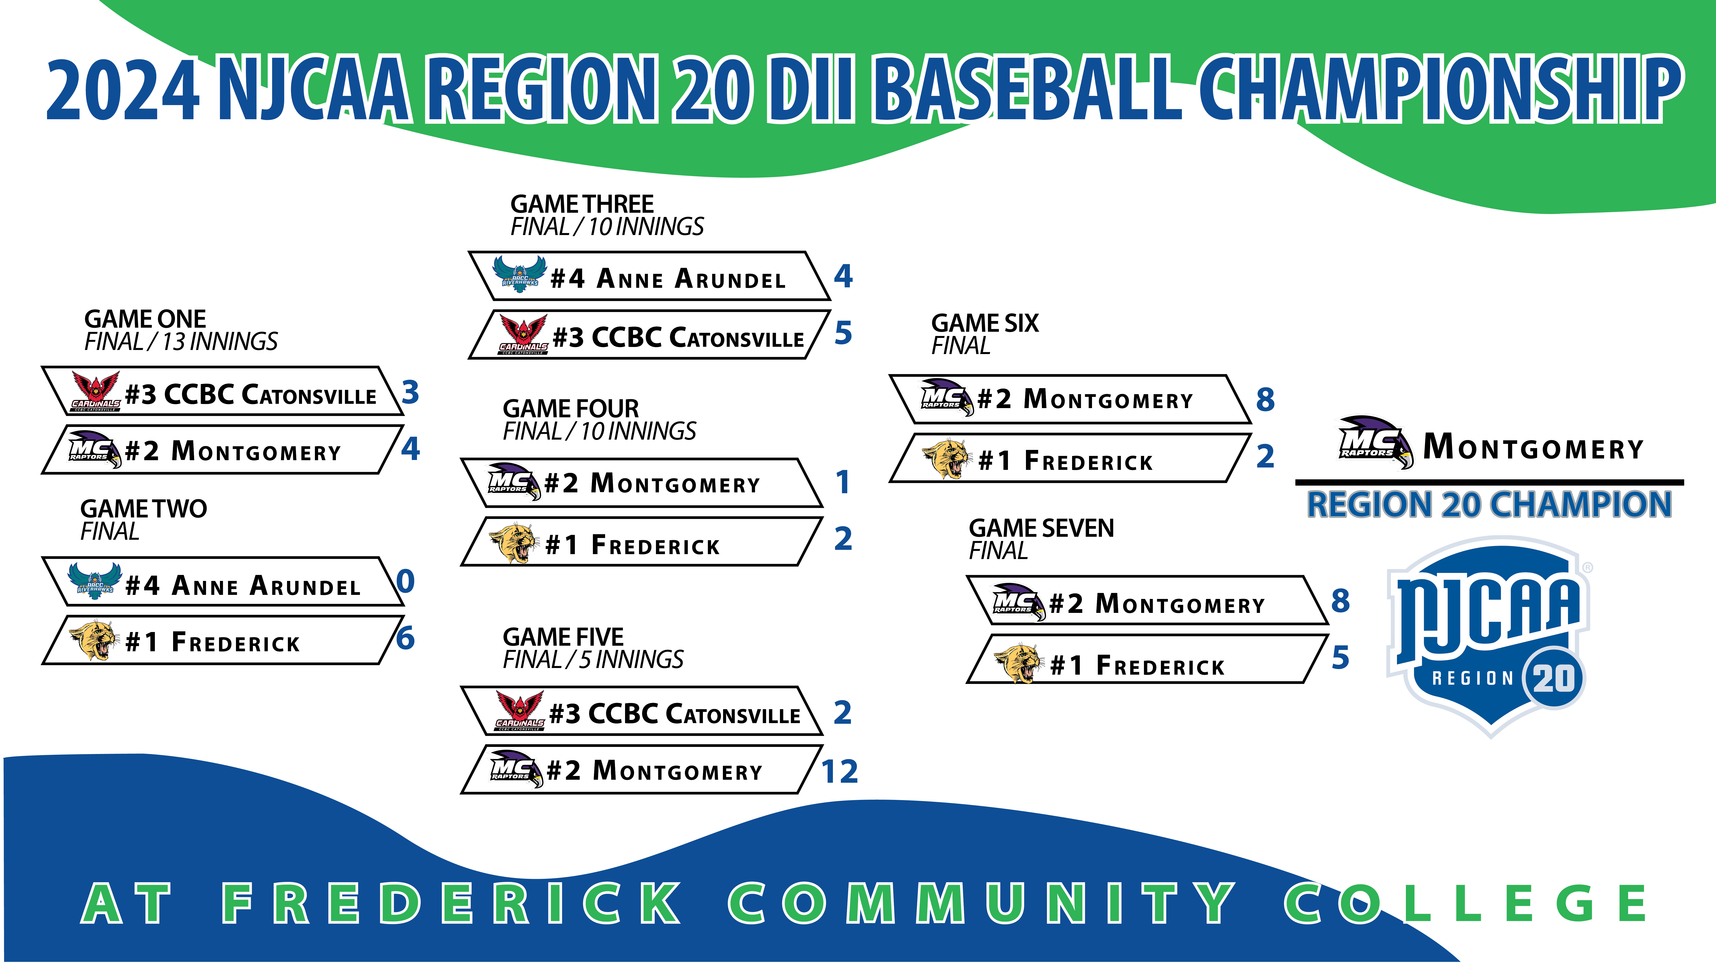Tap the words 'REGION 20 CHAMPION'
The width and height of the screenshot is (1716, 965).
1489,504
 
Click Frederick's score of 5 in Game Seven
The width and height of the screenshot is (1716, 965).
1340,657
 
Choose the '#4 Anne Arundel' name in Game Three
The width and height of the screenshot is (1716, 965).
668,278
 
